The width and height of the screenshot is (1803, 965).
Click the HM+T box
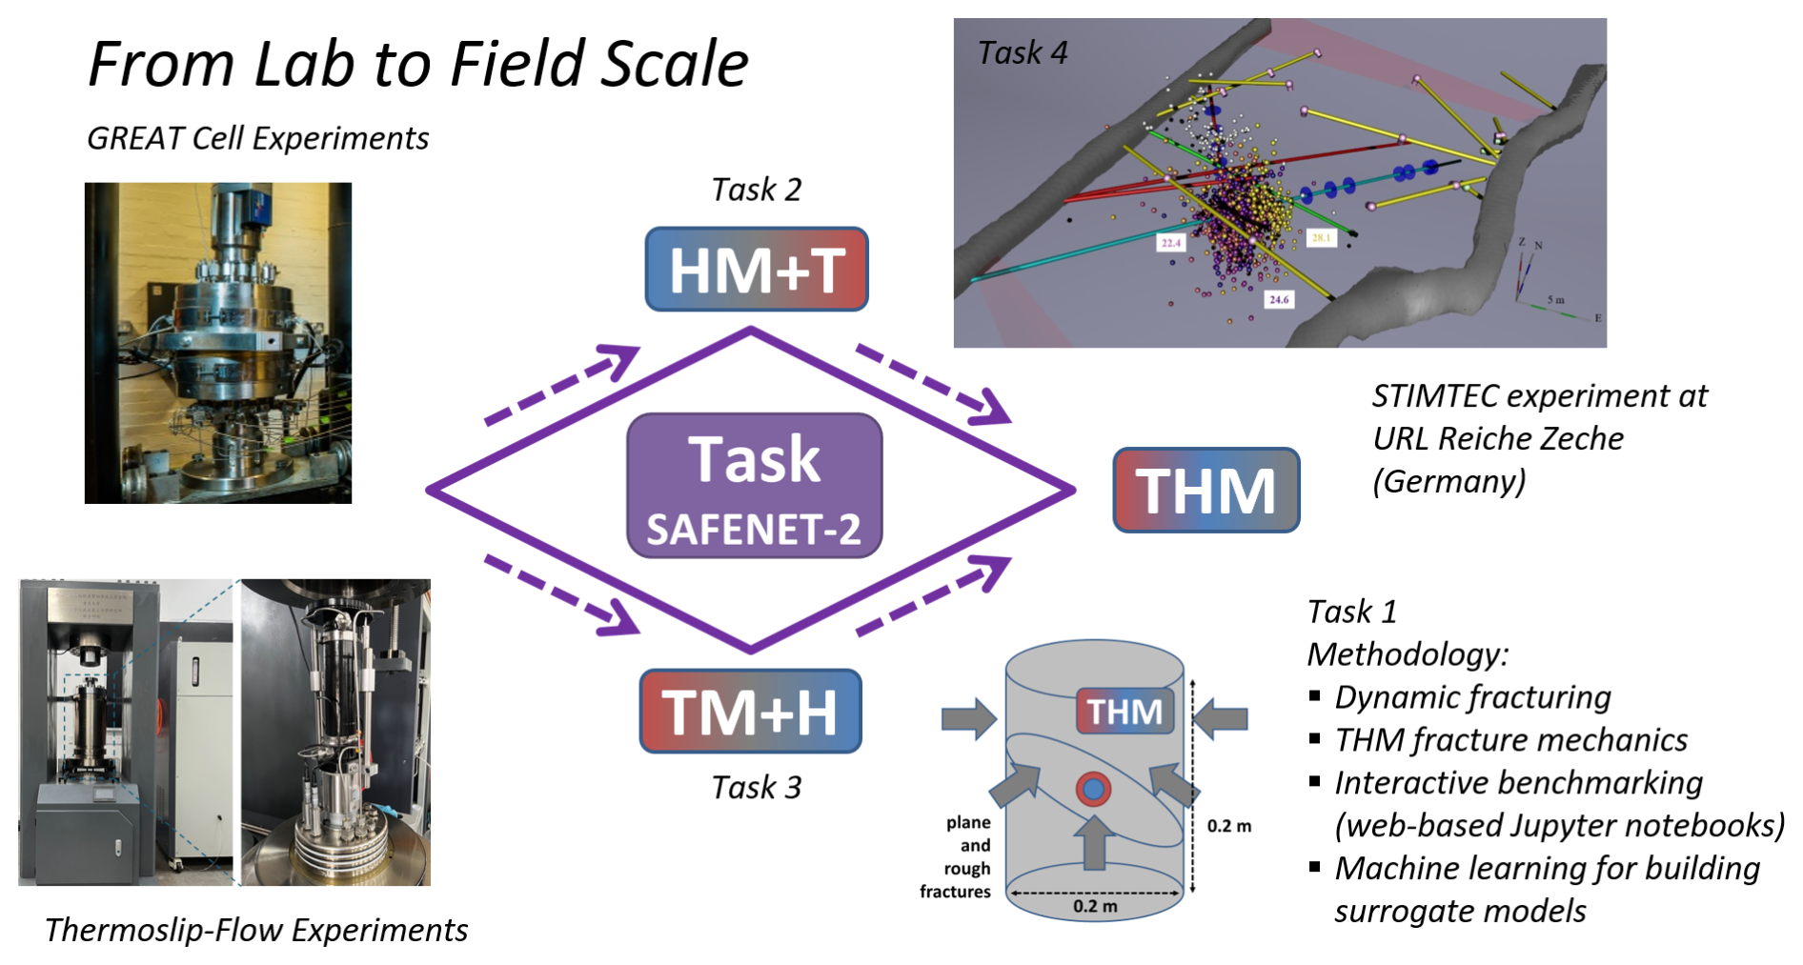[x=756, y=270]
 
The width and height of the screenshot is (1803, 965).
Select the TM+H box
[x=750, y=712]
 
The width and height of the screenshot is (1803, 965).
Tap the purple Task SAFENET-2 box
[x=754, y=486]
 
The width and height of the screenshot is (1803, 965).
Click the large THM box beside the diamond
[x=1205, y=490]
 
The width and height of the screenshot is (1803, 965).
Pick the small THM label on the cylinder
[x=1124, y=711]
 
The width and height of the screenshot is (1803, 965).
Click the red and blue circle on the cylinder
[x=1093, y=789]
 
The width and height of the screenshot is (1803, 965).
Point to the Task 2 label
[x=756, y=190]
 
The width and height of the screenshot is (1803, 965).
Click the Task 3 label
[x=756, y=788]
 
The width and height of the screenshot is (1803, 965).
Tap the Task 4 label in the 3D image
[x=1022, y=53]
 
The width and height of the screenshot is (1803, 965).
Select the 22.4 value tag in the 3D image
[x=1170, y=243]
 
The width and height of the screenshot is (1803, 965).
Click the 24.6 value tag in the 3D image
[x=1279, y=299]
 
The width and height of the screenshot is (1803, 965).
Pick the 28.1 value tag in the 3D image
[x=1322, y=237]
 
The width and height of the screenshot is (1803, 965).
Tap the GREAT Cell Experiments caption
[x=257, y=139]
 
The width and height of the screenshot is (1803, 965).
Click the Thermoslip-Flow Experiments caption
[x=256, y=930]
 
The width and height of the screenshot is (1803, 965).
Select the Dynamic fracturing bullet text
[x=1472, y=697]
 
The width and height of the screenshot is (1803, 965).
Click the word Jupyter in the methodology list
[x=1566, y=825]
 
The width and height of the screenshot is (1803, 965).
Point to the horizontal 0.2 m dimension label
[x=1095, y=906]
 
